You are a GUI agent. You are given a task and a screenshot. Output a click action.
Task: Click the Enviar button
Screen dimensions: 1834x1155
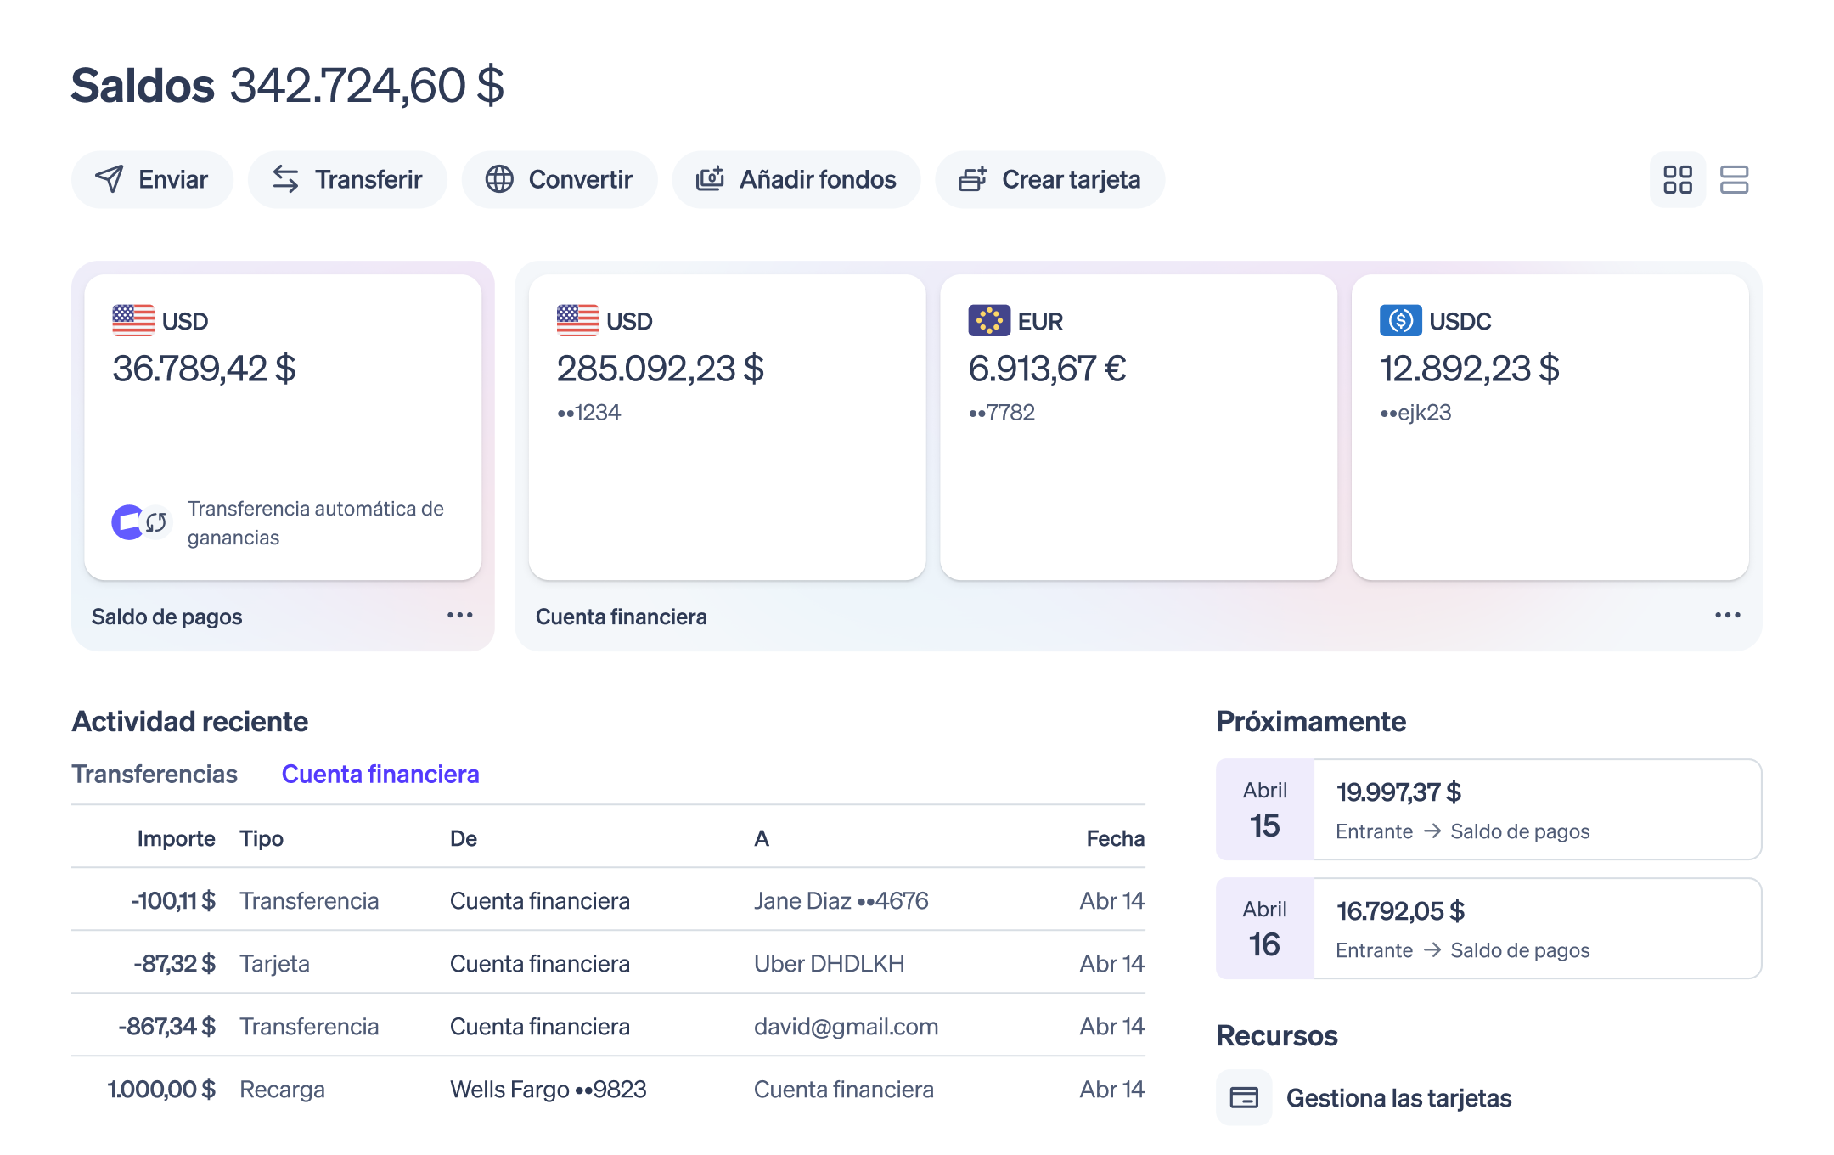tap(152, 179)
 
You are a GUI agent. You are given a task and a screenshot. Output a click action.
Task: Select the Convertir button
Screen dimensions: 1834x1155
tap(560, 179)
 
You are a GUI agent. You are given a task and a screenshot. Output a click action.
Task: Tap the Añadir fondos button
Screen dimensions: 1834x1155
tap(796, 179)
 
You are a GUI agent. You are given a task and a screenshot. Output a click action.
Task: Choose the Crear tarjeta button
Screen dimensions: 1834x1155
tap(1050, 179)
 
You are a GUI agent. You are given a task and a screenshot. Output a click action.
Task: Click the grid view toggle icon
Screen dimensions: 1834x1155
tap(1678, 179)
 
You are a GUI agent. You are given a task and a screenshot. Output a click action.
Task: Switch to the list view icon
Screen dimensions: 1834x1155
tap(1734, 179)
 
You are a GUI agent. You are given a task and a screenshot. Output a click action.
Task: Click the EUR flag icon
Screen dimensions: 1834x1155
tap(989, 320)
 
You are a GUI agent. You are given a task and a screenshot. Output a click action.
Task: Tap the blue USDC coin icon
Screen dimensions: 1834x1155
tap(1400, 320)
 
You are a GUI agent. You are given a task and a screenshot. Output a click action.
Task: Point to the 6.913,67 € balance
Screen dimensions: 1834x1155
tap(1047, 369)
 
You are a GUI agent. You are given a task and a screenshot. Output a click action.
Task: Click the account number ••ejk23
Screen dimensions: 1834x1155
tap(1415, 413)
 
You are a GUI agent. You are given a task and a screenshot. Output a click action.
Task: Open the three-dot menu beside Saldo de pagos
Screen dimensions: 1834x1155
tap(460, 615)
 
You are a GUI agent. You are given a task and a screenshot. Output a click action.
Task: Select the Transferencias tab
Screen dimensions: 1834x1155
tap(155, 774)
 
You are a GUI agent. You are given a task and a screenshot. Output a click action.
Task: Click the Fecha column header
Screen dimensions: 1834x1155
tap(1116, 838)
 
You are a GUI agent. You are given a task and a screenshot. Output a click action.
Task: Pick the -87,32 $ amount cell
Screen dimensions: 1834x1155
tap(174, 963)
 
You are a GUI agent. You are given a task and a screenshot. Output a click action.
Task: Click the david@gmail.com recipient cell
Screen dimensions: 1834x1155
tap(846, 1026)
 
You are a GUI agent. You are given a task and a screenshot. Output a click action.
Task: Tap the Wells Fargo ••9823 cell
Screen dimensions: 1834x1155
tap(549, 1089)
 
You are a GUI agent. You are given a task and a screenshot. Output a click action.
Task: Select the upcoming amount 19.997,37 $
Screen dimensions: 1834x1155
tap(1398, 792)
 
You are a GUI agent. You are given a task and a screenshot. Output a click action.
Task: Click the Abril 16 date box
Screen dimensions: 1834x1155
tap(1265, 928)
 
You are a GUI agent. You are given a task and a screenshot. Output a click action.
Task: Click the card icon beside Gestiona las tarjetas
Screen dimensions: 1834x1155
tap(1244, 1097)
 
